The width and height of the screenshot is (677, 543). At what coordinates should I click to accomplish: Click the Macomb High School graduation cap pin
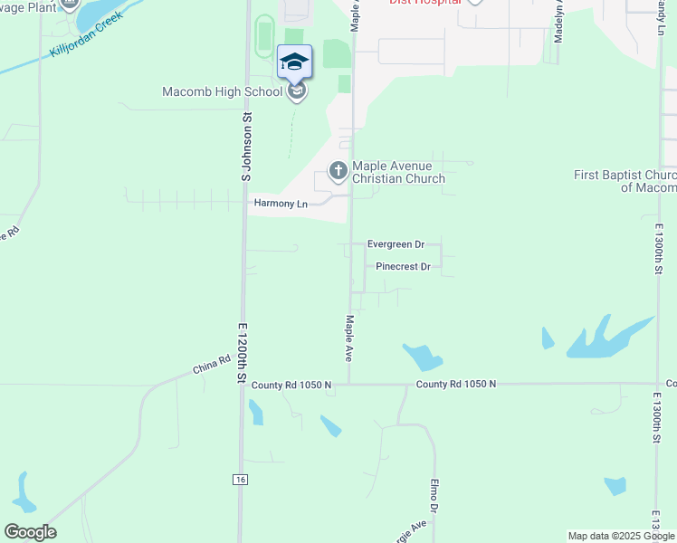click(x=294, y=62)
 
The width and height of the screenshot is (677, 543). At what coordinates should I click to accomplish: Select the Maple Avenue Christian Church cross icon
click(x=338, y=170)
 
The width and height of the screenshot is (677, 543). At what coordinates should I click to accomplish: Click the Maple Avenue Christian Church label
click(x=398, y=172)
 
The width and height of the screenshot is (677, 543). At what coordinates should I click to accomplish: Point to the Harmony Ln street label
click(x=281, y=204)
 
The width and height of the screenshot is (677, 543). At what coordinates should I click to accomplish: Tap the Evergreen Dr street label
click(x=396, y=244)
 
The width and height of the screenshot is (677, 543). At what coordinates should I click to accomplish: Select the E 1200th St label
click(x=243, y=352)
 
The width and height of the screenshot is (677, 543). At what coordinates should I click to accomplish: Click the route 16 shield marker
click(x=239, y=478)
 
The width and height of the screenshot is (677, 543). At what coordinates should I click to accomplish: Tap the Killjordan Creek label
click(x=87, y=34)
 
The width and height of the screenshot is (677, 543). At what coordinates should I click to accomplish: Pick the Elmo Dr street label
click(x=434, y=497)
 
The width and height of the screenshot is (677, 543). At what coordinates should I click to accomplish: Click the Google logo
click(x=30, y=532)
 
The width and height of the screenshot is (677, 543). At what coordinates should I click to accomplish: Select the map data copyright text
click(x=621, y=536)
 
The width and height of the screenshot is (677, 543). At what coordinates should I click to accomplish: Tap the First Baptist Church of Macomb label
click(x=625, y=181)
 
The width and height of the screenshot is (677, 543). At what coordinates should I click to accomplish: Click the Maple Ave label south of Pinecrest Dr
click(x=349, y=338)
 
